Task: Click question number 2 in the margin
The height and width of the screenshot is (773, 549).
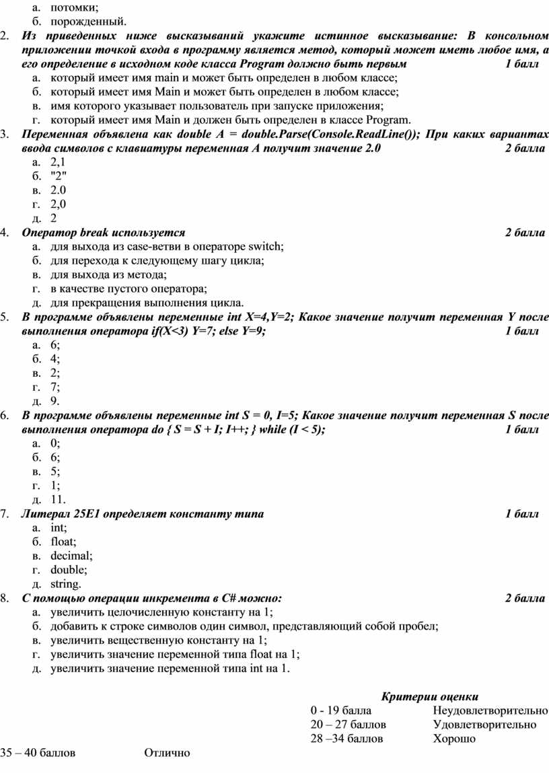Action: (x=4, y=36)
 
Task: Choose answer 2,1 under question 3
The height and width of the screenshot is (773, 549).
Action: (x=58, y=161)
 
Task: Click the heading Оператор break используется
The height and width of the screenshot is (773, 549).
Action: (x=104, y=233)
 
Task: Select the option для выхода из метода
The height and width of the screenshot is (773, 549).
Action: (x=108, y=274)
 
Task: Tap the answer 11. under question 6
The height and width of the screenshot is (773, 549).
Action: (x=57, y=499)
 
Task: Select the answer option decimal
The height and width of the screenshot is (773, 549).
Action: (x=71, y=556)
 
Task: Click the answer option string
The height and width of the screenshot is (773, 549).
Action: (x=65, y=584)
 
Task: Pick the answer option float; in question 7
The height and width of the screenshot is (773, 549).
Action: (x=63, y=542)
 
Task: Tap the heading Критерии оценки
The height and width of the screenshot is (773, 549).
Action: (x=430, y=696)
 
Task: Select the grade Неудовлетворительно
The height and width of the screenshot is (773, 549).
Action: (x=490, y=710)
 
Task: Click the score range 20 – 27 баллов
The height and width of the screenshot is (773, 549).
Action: (x=349, y=725)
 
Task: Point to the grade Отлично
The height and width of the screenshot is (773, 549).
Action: (x=167, y=753)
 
